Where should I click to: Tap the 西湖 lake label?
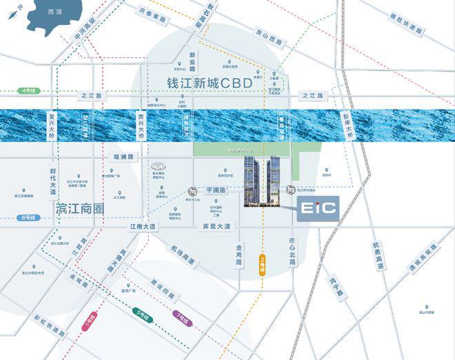point(46,13)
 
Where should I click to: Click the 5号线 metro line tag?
point(143,317)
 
